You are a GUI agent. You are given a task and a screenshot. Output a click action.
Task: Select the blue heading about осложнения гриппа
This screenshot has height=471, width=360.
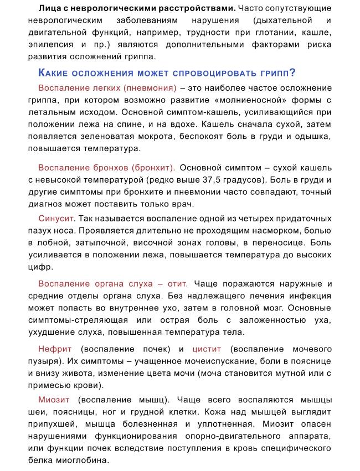(166, 73)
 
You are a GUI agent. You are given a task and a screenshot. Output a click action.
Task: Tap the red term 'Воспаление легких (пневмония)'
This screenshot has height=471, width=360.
(107, 88)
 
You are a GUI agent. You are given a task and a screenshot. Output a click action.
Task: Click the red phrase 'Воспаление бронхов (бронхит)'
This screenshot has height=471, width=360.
(107, 167)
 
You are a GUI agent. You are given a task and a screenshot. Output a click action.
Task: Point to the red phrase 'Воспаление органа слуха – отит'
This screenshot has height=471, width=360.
(113, 283)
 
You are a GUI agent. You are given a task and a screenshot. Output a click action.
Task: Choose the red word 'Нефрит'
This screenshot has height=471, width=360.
(55, 349)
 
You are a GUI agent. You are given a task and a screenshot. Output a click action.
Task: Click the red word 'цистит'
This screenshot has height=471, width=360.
(207, 349)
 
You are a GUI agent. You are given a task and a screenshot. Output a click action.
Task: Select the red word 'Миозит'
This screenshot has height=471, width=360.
(54, 400)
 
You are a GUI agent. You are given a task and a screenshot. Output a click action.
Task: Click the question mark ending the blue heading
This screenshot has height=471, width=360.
(292, 73)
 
